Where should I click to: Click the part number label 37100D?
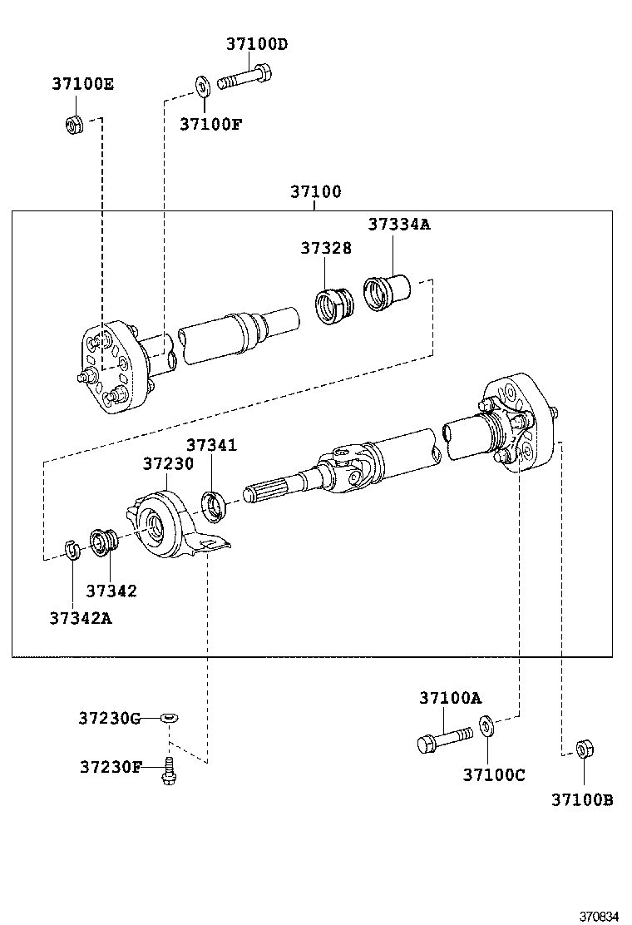click(256, 44)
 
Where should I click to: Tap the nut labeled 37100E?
click(73, 125)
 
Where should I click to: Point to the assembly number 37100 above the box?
click(315, 192)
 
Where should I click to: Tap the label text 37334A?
click(399, 225)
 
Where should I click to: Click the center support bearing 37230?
click(166, 526)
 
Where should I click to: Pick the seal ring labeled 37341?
click(215, 503)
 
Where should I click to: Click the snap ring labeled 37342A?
click(72, 550)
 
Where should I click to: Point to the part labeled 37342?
click(103, 542)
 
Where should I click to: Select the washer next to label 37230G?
click(170, 717)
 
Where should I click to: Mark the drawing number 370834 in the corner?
click(600, 916)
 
